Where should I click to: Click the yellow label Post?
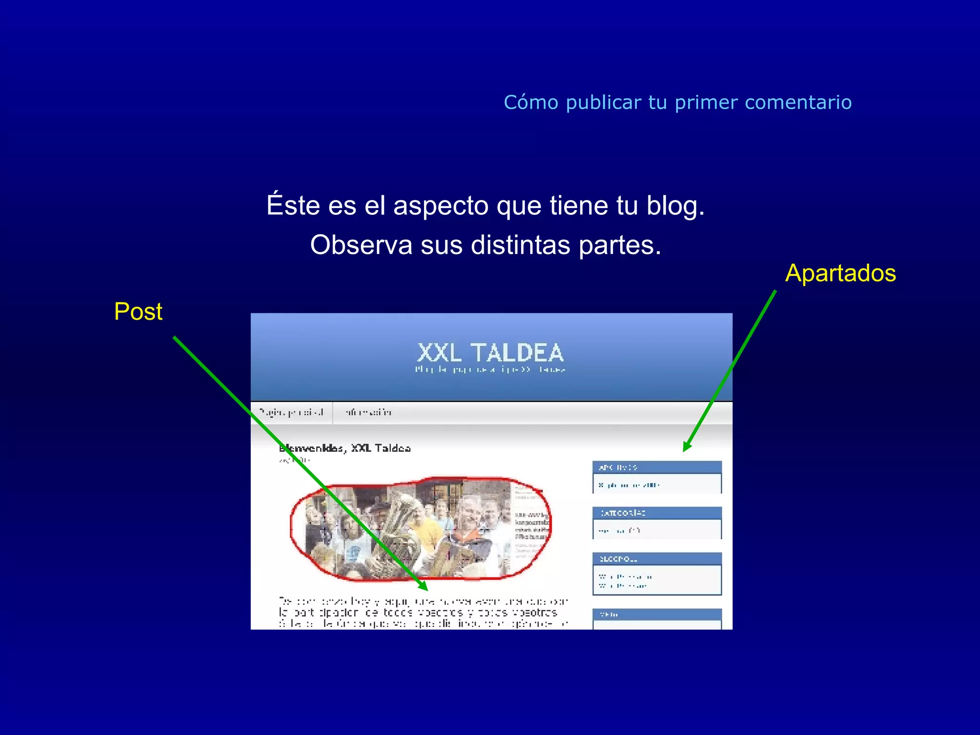pyautogui.click(x=138, y=312)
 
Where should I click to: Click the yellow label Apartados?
pyautogui.click(x=840, y=274)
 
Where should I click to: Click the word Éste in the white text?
pyautogui.click(x=293, y=206)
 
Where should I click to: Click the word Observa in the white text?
pyautogui.click(x=361, y=245)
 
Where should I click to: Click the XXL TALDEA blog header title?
pyautogui.click(x=490, y=353)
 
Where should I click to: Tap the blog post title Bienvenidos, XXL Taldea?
pyautogui.click(x=345, y=448)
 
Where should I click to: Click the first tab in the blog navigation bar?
pyautogui.click(x=291, y=412)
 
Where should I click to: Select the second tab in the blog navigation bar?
pyautogui.click(x=368, y=412)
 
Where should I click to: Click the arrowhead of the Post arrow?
pyautogui.click(x=423, y=586)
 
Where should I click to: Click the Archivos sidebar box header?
pyautogui.click(x=657, y=468)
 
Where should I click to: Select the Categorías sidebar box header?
pyautogui.click(x=657, y=513)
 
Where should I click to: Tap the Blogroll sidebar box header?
pyautogui.click(x=657, y=559)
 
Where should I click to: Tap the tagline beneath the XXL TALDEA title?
pyautogui.click(x=490, y=369)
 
